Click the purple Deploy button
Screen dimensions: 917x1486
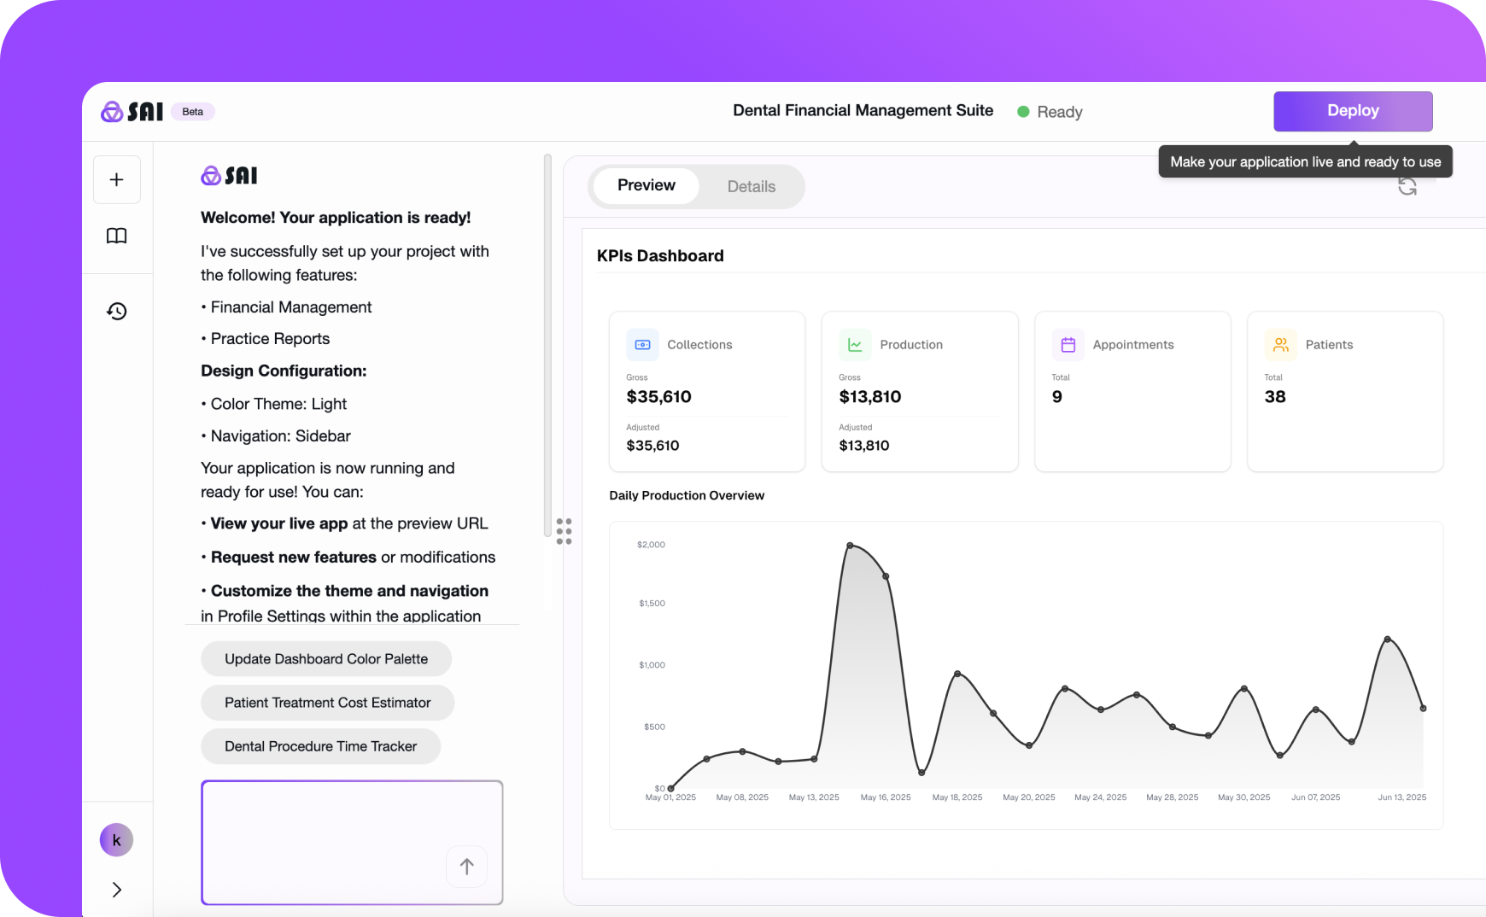[1353, 111]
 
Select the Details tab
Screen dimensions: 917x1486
[751, 186]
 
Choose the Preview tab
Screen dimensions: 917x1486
[646, 185]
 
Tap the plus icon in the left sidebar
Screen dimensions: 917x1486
[117, 179]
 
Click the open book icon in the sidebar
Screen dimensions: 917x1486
[117, 236]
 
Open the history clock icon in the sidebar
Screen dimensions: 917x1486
[117, 311]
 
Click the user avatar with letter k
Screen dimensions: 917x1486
[117, 840]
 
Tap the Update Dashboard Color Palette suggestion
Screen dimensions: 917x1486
[326, 659]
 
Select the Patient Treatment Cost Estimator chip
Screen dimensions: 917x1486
[327, 703]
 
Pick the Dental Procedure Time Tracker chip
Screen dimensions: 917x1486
[320, 746]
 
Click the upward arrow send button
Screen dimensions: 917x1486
[466, 867]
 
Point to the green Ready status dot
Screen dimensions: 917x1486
[1023, 112]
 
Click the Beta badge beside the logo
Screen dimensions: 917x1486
[193, 112]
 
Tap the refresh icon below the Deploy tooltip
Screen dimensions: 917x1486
[1407, 186]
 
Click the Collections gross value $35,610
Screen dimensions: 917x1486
[658, 396]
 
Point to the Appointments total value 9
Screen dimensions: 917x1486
[1057, 396]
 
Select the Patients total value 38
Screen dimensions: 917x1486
[1275, 396]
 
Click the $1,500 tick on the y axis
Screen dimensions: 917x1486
[652, 604]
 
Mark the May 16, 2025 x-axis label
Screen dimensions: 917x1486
[886, 797]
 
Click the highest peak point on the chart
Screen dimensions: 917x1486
[850, 545]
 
